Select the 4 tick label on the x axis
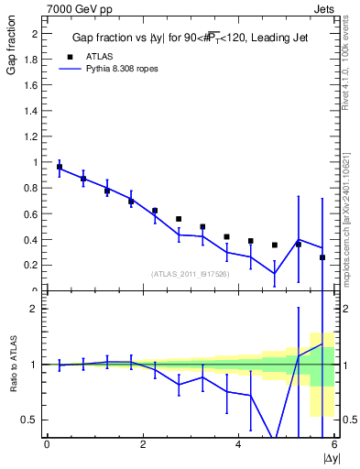click(x=239, y=445)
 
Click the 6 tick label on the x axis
click(x=335, y=445)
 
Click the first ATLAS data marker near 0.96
click(x=60, y=168)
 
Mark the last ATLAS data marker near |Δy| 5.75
click(x=322, y=257)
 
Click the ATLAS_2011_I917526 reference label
click(x=191, y=274)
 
